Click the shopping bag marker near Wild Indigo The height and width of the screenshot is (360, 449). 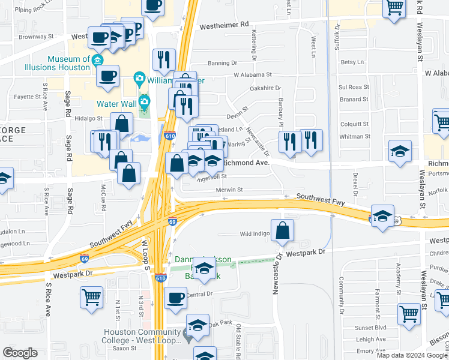[282, 230]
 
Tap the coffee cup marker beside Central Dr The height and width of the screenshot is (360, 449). [175, 298]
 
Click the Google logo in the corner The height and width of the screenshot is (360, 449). [20, 353]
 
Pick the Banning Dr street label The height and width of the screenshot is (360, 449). [222, 63]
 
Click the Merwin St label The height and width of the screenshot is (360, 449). [229, 190]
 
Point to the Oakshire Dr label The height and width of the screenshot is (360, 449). [265, 88]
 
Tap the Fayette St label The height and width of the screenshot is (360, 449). [27, 96]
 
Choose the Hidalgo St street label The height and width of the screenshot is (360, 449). [89, 118]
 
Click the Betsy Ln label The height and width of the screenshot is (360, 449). [352, 62]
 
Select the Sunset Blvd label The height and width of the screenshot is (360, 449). [371, 328]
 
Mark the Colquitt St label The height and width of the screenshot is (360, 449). [355, 124]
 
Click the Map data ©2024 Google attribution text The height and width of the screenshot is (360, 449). [412, 355]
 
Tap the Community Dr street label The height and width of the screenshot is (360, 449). [340, 295]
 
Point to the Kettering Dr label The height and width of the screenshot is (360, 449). [255, 46]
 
